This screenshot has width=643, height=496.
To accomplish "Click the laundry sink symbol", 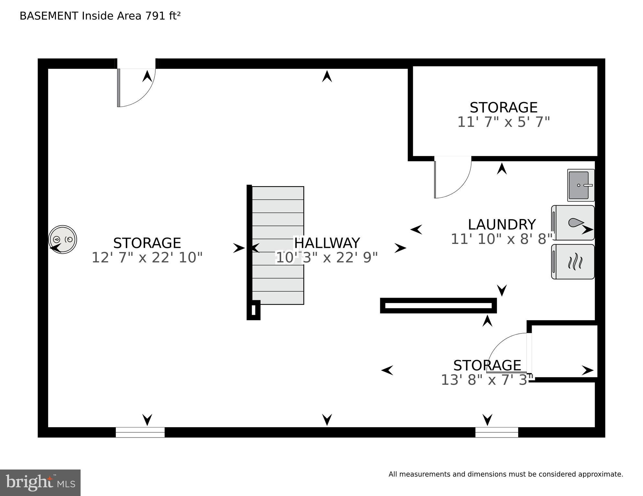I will click(581, 185).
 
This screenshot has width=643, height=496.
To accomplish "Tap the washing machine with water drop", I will click(573, 223).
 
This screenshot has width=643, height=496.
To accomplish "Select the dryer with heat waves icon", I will click(573, 262).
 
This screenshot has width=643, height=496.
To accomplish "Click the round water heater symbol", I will click(63, 239).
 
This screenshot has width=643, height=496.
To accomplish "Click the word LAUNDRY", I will click(502, 225).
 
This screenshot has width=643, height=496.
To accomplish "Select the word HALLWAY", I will click(327, 243).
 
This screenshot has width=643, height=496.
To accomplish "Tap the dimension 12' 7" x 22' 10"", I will click(147, 258).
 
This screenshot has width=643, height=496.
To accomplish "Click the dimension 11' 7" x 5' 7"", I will click(504, 122).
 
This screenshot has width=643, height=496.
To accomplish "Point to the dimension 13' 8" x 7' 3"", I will click(487, 380).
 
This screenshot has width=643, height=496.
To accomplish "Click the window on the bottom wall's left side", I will click(140, 432).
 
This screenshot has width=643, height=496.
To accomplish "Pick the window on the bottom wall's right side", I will click(496, 432).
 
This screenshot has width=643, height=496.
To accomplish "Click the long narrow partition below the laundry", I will click(438, 306).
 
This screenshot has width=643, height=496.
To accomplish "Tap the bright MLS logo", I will click(40, 483).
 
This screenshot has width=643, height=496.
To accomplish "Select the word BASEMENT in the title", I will click(49, 16).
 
